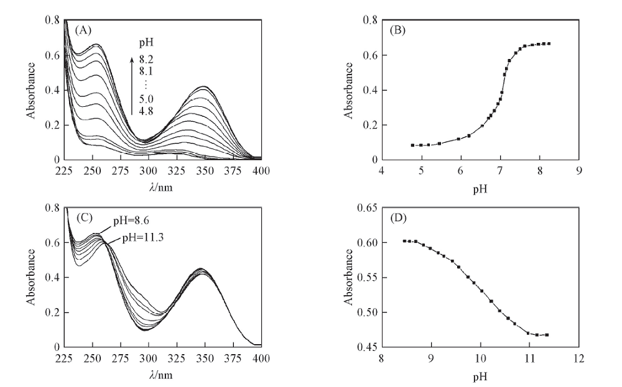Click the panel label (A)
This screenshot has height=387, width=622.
pos(84,30)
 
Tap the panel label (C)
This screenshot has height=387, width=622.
pos(84,217)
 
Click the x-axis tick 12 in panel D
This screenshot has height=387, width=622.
pos(579,358)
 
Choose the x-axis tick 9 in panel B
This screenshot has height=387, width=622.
pos(579,171)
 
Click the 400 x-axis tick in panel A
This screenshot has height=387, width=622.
pos(261,171)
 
